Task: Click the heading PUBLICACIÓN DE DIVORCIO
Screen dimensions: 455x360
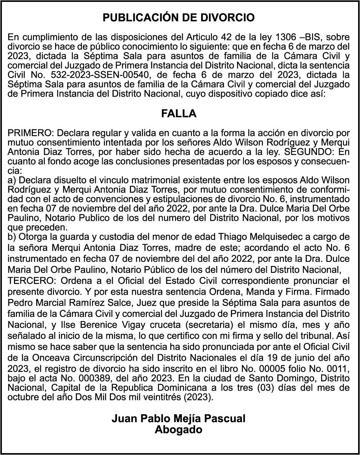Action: [179, 18]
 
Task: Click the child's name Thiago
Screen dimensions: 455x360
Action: [231, 237]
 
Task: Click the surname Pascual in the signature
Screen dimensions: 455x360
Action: [225, 419]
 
